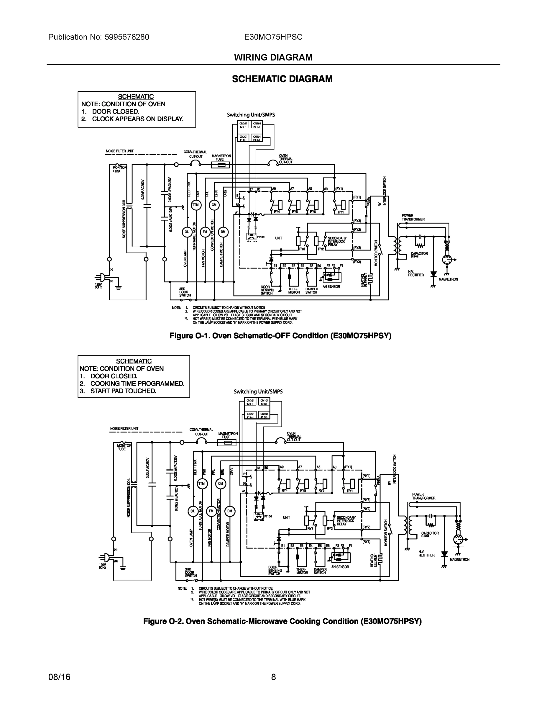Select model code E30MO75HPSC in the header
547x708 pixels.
tap(273, 37)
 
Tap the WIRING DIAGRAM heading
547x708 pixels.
tap(273, 58)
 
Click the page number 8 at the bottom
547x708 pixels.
tap(273, 677)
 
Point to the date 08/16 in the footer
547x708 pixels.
tap(59, 677)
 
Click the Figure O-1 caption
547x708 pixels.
tap(280, 336)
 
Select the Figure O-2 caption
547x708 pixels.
tap(282, 622)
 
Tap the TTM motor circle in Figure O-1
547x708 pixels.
tap(196, 205)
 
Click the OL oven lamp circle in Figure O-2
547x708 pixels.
tap(193, 511)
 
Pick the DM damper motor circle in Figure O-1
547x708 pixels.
tap(223, 232)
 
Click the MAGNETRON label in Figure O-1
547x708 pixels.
tap(448, 279)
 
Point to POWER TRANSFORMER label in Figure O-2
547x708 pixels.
tap(423, 496)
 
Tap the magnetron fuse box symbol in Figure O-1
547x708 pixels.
tap(220, 165)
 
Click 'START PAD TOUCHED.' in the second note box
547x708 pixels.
tap(123, 391)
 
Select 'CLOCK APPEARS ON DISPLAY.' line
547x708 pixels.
tap(137, 119)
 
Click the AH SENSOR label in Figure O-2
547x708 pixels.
tap(340, 567)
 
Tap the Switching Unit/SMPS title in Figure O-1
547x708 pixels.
tap(251, 115)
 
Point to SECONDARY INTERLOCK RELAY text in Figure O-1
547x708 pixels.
tap(337, 242)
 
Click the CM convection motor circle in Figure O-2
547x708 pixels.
tap(220, 484)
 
